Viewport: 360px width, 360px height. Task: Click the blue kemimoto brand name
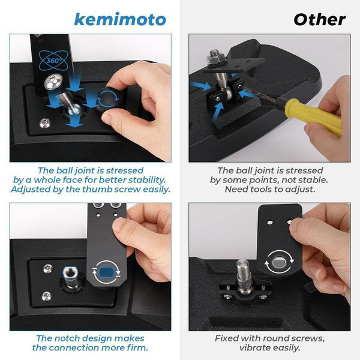pyautogui.click(x=120, y=20)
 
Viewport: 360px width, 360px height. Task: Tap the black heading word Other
pyautogui.click(x=319, y=20)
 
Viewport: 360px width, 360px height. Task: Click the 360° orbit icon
pyautogui.click(x=53, y=61)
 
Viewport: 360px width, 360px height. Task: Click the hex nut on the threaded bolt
pyautogui.click(x=215, y=59)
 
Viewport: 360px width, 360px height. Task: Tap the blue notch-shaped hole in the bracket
pyautogui.click(x=106, y=272)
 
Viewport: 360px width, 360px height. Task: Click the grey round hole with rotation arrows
pyautogui.click(x=279, y=262)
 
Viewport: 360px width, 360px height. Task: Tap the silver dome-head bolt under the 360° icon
pyautogui.click(x=53, y=82)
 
